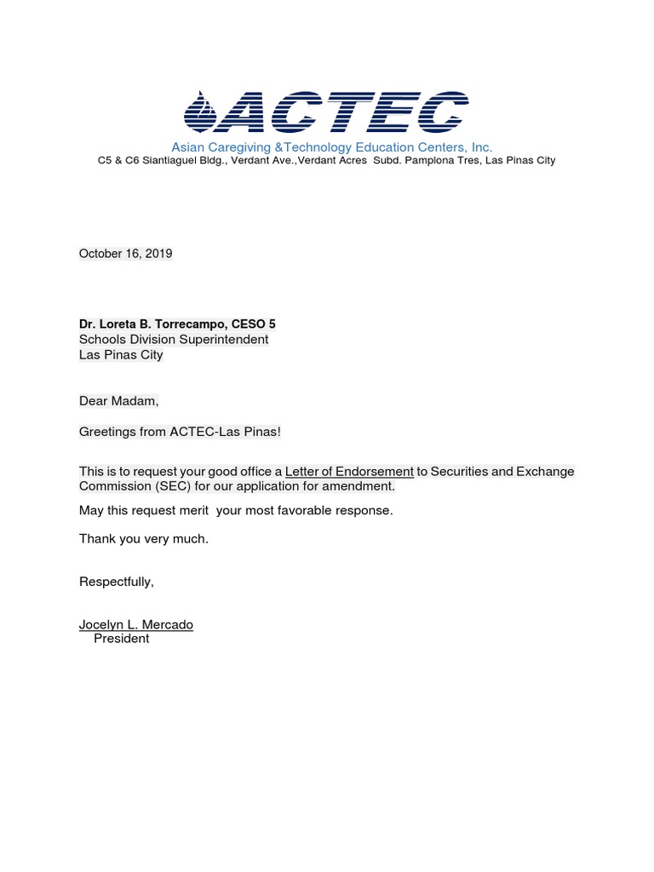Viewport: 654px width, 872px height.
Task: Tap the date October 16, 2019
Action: point(125,254)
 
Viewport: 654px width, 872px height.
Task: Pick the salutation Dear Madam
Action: point(118,401)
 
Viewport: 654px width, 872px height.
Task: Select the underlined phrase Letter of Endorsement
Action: point(349,472)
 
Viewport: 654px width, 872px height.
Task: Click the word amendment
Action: point(361,487)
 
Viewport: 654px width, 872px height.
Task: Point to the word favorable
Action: point(307,511)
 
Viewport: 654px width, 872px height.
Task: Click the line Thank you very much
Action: point(143,539)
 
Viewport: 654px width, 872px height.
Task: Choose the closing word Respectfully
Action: point(116,582)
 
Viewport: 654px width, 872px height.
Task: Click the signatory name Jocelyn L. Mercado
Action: point(136,625)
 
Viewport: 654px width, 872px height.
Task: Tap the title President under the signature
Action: point(121,639)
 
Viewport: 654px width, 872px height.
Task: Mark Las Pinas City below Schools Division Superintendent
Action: point(121,355)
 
